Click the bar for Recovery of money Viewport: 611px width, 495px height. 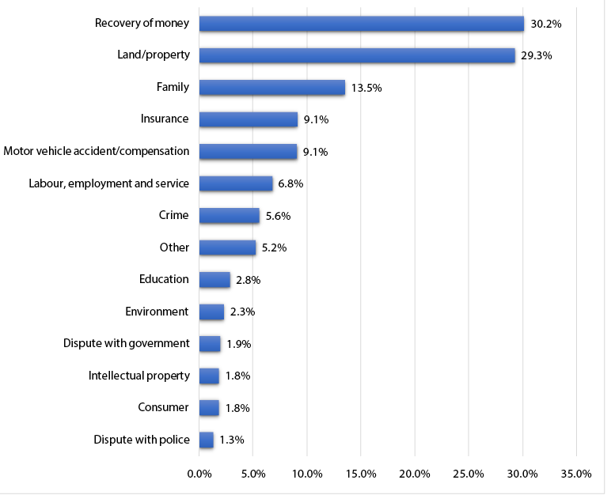361,24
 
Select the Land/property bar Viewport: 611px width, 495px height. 357,55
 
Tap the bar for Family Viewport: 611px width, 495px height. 271,88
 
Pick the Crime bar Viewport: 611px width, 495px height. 229,216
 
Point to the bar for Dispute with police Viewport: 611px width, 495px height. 206,440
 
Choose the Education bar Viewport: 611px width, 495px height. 214,280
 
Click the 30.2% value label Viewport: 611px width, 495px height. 546,25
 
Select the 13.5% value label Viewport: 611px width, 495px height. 366,89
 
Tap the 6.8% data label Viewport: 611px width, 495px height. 290,184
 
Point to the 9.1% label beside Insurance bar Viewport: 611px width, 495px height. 316,120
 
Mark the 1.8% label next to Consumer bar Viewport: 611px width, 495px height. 237,408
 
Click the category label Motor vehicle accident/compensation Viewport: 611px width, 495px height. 97,151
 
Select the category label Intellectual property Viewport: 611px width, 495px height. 139,376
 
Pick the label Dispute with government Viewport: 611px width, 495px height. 127,343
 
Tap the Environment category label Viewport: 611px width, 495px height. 157,312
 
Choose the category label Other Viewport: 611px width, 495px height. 174,247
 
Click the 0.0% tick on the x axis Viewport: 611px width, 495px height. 199,474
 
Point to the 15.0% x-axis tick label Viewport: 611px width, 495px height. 361,474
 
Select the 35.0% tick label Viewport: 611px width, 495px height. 576,474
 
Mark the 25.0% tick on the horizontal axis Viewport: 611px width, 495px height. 469,474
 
